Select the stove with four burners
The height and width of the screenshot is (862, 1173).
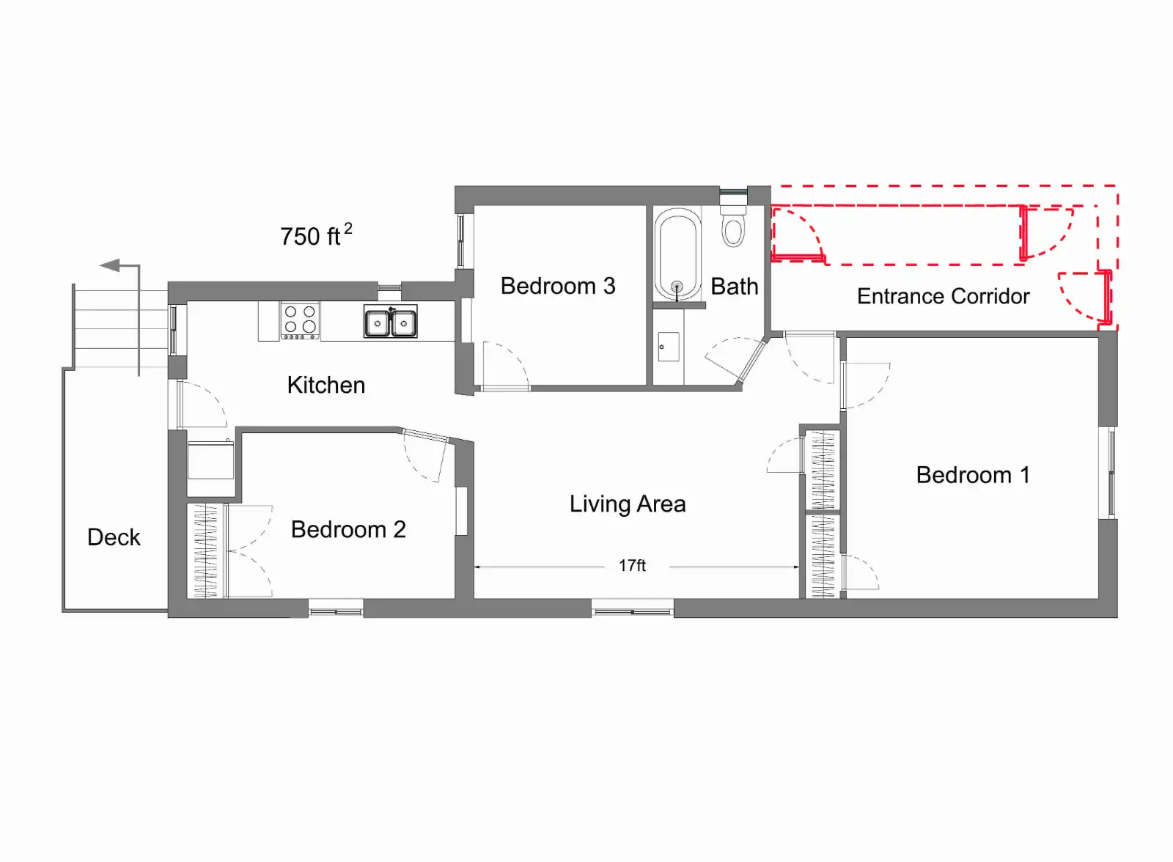(x=300, y=321)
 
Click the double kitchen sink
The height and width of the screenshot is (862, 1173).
(x=390, y=322)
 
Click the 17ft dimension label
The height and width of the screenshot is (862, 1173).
(x=632, y=566)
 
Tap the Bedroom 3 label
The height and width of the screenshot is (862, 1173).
(x=558, y=286)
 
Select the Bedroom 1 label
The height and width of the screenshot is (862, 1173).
(x=973, y=475)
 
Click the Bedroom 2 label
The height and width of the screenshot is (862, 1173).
(x=348, y=529)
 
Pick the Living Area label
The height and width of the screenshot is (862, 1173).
(x=628, y=504)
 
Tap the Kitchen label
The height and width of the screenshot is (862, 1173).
(x=326, y=385)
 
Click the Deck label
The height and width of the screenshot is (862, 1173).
(x=114, y=537)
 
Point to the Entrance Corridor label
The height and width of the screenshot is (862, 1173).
(x=943, y=296)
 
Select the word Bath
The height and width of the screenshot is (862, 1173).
(x=734, y=287)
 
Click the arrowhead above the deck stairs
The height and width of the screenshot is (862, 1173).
(x=110, y=265)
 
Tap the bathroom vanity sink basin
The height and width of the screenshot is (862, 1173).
(x=669, y=346)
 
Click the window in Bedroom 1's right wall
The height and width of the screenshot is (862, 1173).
(x=1112, y=472)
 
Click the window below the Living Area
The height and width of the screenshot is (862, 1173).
(x=632, y=609)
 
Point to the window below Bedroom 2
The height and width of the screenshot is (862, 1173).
(x=336, y=609)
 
